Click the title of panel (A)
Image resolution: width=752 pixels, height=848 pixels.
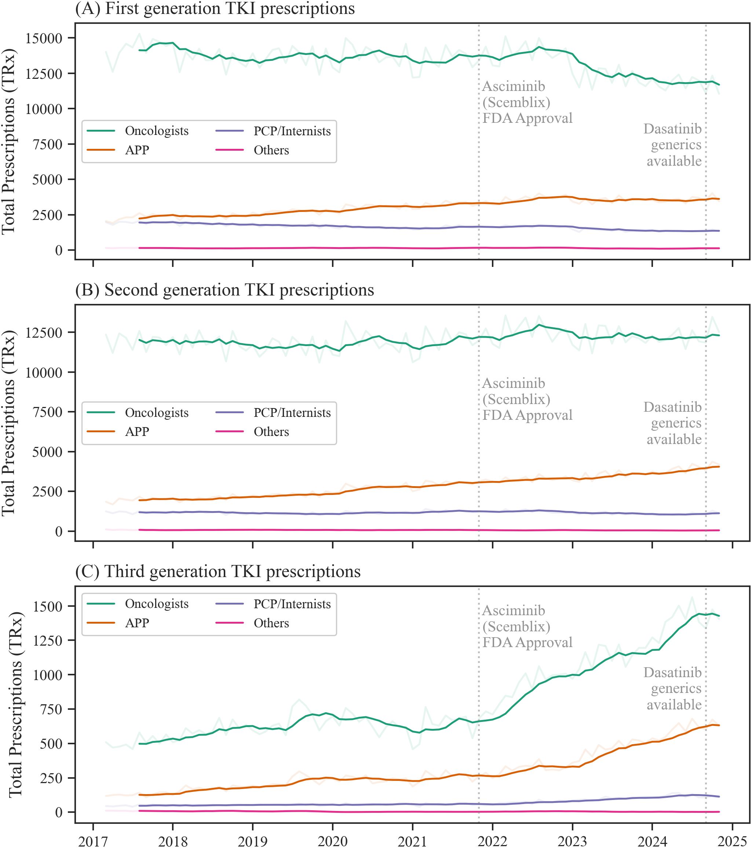(x=215, y=9)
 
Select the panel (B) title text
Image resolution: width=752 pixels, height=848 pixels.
(x=224, y=290)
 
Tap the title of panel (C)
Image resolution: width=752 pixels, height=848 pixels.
(x=218, y=572)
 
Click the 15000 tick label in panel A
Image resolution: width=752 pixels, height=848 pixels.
(x=44, y=38)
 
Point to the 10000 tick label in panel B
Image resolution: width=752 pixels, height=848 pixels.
(x=44, y=372)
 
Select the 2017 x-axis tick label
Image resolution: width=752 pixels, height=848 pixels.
(x=93, y=841)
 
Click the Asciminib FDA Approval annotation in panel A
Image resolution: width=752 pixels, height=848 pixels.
(x=527, y=103)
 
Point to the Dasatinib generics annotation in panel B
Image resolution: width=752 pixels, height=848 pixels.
(x=673, y=423)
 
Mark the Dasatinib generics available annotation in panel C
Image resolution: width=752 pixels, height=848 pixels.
(x=673, y=689)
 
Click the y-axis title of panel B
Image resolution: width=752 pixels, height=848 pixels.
(x=9, y=423)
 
